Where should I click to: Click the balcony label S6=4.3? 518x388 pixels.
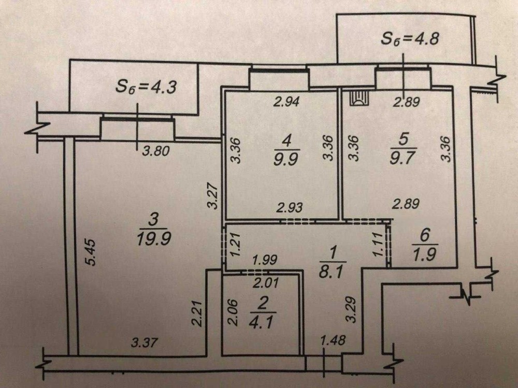(x=146, y=86)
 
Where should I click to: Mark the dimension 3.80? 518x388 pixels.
(x=155, y=152)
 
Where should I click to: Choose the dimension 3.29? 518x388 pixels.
(x=352, y=309)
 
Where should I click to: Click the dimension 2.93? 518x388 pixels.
(x=289, y=208)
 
